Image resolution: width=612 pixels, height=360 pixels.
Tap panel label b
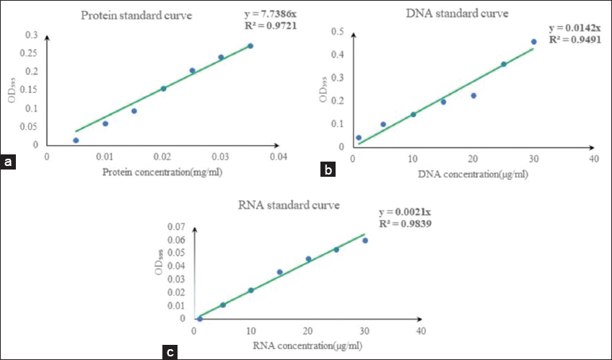point(329,171)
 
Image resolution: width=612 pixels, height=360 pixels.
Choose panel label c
point(170,352)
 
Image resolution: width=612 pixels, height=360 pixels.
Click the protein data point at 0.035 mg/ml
point(250,46)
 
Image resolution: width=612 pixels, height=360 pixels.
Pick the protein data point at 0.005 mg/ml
point(76,141)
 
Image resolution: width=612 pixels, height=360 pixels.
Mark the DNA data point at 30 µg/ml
point(534,42)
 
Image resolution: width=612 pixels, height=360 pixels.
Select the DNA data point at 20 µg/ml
point(473,95)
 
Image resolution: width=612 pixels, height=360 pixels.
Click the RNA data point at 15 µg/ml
point(280,272)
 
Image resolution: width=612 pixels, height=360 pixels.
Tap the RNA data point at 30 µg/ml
point(365,240)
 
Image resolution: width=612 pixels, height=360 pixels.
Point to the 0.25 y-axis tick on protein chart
point(32,53)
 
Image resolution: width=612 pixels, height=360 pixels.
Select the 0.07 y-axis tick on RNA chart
point(176,227)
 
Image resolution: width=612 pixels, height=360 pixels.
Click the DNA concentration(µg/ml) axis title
point(473,175)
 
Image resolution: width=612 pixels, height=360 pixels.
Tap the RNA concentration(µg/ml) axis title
point(307,346)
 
